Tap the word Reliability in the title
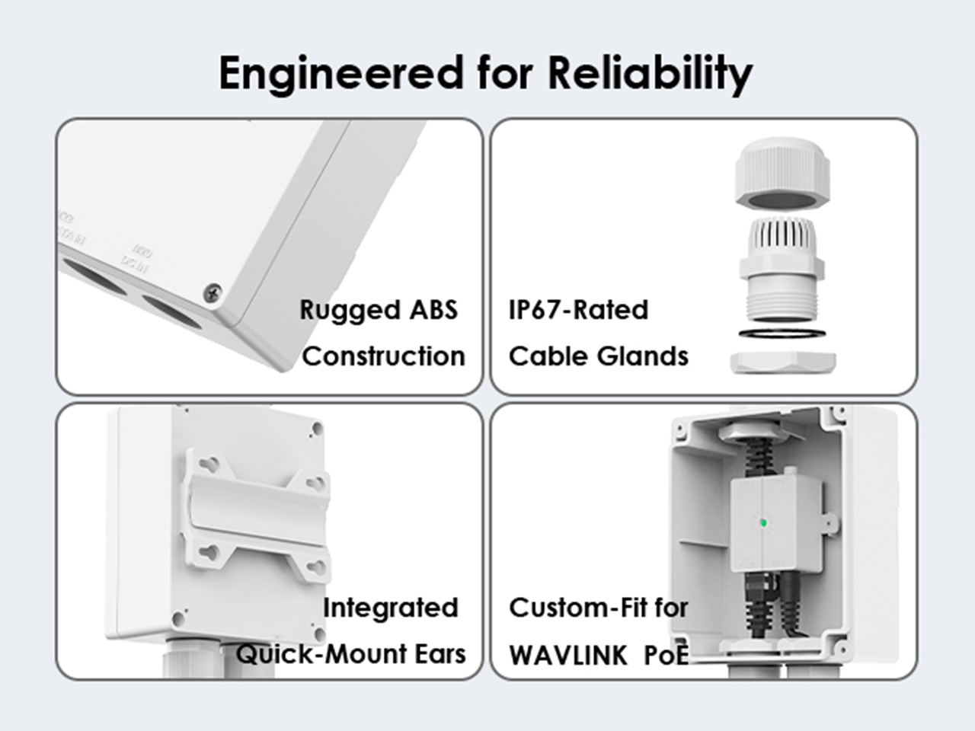click(x=650, y=74)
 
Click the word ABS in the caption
click(x=433, y=309)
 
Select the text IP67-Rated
click(x=578, y=309)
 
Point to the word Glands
click(x=642, y=356)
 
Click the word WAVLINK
click(x=568, y=655)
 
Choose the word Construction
click(x=384, y=356)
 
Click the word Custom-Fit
click(x=579, y=607)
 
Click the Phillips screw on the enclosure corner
click(x=213, y=293)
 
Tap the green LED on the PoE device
click(x=763, y=523)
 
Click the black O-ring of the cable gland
click(x=782, y=333)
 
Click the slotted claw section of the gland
click(x=782, y=238)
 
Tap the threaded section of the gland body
click(x=782, y=301)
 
